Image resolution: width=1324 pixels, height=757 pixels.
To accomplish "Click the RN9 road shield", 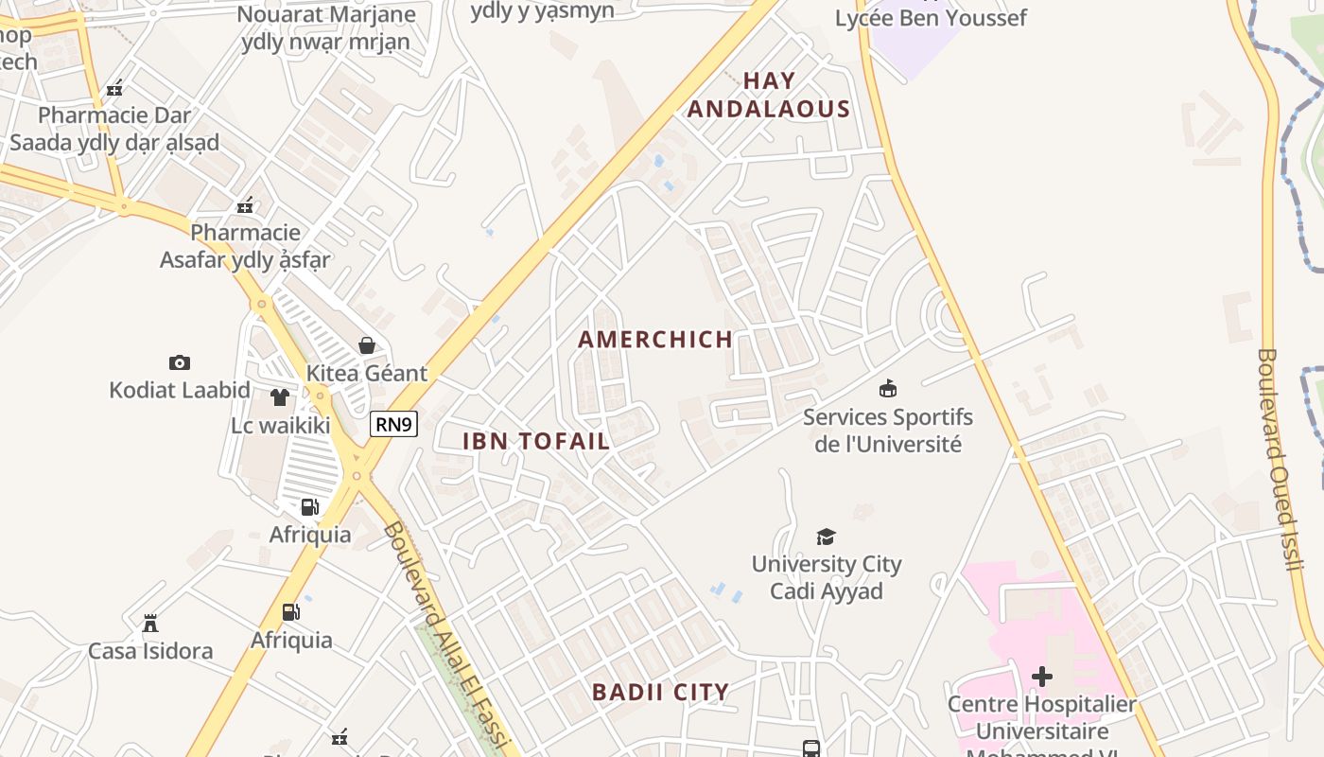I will pyautogui.click(x=393, y=424).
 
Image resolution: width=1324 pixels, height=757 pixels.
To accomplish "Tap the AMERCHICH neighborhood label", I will pyautogui.click(x=655, y=340).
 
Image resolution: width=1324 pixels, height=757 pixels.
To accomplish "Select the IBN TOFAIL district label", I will pyautogui.click(x=536, y=441).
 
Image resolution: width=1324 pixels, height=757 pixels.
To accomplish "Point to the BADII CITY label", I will pyautogui.click(x=660, y=692).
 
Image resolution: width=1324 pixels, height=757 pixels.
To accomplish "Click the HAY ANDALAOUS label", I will pyautogui.click(x=768, y=96).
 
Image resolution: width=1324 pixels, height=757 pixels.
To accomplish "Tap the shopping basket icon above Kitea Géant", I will pyautogui.click(x=367, y=345).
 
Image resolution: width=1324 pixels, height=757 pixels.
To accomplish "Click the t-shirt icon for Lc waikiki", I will pyautogui.click(x=279, y=397).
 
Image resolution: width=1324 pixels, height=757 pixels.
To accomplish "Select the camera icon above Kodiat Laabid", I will pyautogui.click(x=180, y=362).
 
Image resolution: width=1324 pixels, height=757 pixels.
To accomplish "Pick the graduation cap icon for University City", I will pyautogui.click(x=827, y=537).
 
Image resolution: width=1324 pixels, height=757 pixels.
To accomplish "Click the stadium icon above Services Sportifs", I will pyautogui.click(x=887, y=388).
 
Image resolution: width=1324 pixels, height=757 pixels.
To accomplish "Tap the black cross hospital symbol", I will pyautogui.click(x=1042, y=677).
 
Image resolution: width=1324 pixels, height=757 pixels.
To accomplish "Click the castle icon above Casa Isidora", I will pyautogui.click(x=150, y=623).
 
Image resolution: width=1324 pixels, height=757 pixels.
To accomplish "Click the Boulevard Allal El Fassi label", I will pyautogui.click(x=448, y=636).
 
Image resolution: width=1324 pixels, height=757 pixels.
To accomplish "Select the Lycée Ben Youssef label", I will pyautogui.click(x=931, y=18).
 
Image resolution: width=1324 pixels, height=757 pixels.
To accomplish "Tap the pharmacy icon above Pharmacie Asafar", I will pyautogui.click(x=245, y=205).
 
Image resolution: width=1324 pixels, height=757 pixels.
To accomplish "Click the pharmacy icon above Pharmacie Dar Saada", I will pyautogui.click(x=114, y=88).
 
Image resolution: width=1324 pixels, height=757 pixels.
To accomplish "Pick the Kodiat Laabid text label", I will pyautogui.click(x=180, y=390).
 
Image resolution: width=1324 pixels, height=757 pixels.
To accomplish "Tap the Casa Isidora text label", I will pyautogui.click(x=150, y=651).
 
